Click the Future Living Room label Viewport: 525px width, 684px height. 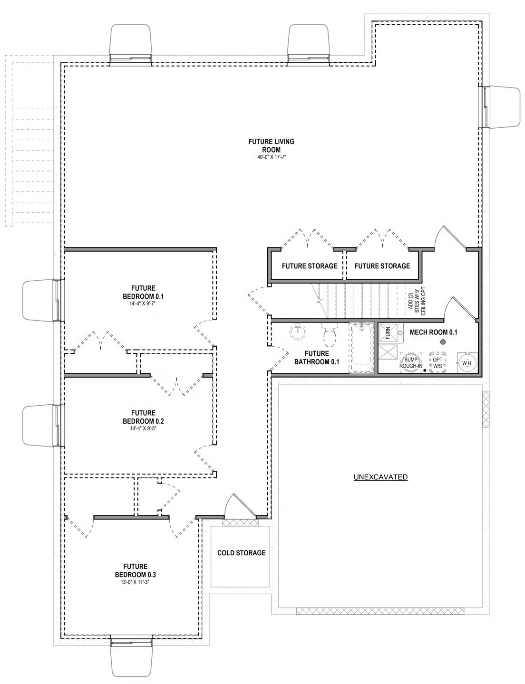pyautogui.click(x=271, y=145)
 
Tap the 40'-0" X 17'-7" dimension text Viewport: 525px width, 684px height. pyautogui.click(x=271, y=157)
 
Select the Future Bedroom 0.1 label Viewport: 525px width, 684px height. pyautogui.click(x=144, y=292)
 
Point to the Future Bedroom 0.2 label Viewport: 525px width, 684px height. pyautogui.click(x=144, y=417)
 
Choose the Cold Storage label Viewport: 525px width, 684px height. pyautogui.click(x=242, y=553)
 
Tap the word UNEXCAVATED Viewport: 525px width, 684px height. pyautogui.click(x=380, y=477)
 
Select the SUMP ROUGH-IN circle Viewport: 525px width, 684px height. pyautogui.click(x=410, y=362)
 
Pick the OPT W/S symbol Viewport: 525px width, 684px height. pyautogui.click(x=437, y=362)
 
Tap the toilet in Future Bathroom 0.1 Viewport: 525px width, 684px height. pyautogui.click(x=330, y=335)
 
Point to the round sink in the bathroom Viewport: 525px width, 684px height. pyautogui.click(x=297, y=332)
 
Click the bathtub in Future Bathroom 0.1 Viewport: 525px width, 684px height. pyautogui.click(x=362, y=348)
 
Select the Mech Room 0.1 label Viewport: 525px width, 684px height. pyautogui.click(x=433, y=332)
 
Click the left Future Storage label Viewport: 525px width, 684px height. pyautogui.click(x=310, y=266)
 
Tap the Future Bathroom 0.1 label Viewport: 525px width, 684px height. pyautogui.click(x=317, y=358)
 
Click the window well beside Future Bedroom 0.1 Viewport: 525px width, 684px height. pyautogui.click(x=41, y=301)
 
